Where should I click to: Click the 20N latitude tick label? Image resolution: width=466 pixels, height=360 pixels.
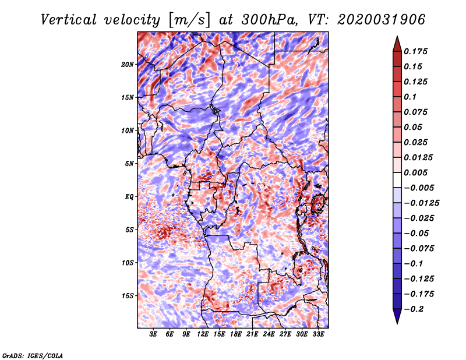(x=128, y=64)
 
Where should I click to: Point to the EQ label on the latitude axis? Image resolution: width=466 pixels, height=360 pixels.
(x=129, y=196)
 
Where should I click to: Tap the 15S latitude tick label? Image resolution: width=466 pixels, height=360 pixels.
(x=128, y=295)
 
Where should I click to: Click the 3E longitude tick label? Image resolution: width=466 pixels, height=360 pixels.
(x=154, y=334)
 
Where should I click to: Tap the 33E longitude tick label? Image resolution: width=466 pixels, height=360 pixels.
(x=319, y=334)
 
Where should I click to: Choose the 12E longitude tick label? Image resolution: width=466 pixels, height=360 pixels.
(x=203, y=334)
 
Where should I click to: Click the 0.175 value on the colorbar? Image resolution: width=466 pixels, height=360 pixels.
(x=417, y=51)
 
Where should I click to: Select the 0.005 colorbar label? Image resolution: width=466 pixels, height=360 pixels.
(x=417, y=172)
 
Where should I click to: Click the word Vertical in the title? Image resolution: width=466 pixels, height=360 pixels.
(x=69, y=20)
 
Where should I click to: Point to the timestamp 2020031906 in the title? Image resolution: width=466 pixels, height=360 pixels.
(x=372, y=20)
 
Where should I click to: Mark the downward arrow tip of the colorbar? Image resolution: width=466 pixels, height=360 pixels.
(x=396, y=321)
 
